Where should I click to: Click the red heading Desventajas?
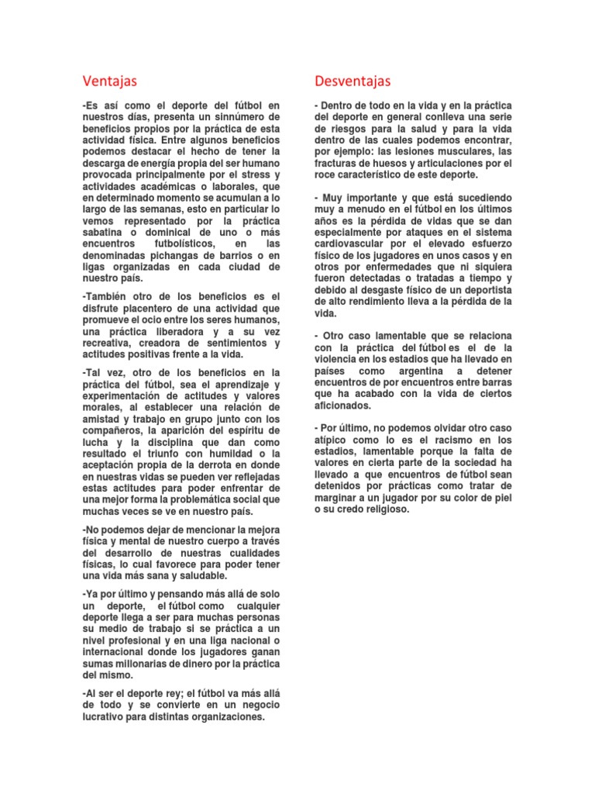(x=353, y=81)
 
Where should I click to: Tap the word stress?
(x=248, y=174)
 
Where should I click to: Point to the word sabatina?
(x=105, y=233)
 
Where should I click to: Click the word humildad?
(x=220, y=453)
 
